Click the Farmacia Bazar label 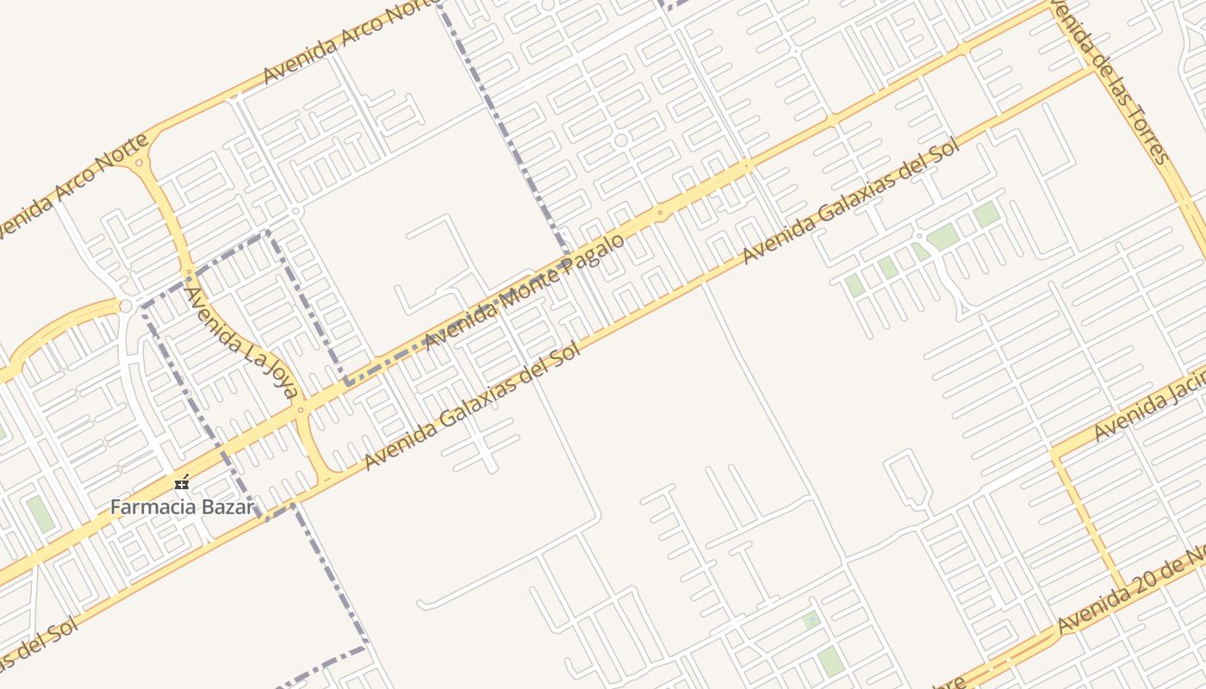pyautogui.click(x=182, y=506)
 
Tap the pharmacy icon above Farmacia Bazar pyautogui.click(x=182, y=482)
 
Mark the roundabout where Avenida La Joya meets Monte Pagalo pyautogui.click(x=301, y=410)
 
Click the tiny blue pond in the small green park pyautogui.click(x=810, y=619)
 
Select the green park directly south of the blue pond pyautogui.click(x=830, y=661)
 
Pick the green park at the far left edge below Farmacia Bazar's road pyautogui.click(x=40, y=513)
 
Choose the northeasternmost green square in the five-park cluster pyautogui.click(x=986, y=214)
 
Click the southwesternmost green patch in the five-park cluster pyautogui.click(x=854, y=285)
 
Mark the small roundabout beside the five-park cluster pyautogui.click(x=919, y=235)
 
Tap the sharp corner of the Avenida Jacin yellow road pyautogui.click(x=1053, y=450)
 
